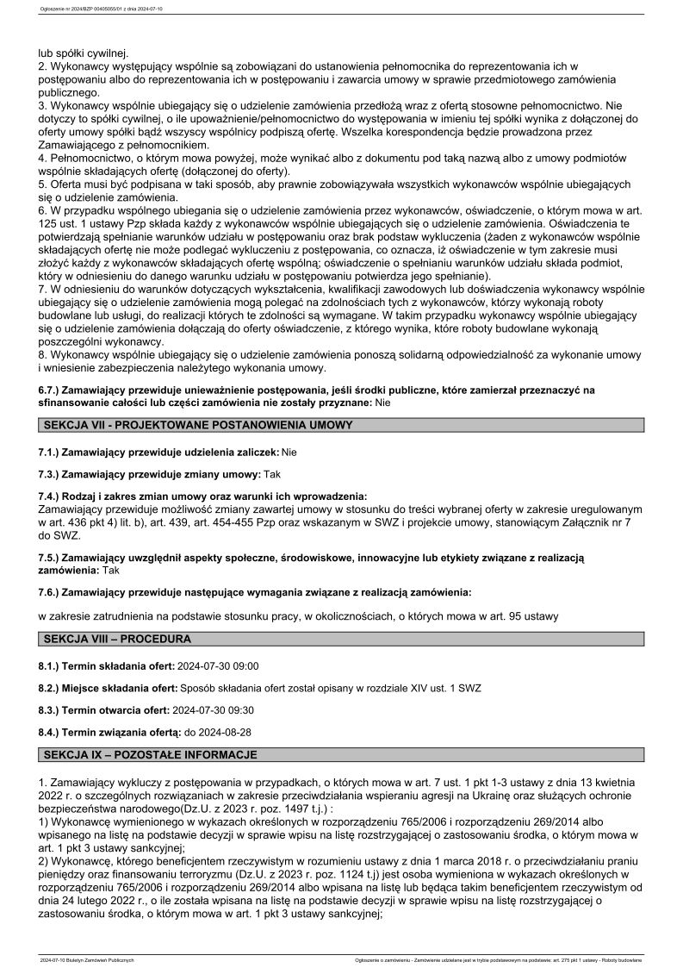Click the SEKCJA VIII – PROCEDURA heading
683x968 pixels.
[117, 639]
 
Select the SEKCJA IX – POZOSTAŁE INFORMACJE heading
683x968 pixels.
[150, 754]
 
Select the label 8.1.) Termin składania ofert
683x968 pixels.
[107, 666]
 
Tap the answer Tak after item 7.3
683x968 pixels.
[272, 474]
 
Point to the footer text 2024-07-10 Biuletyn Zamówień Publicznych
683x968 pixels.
[87, 959]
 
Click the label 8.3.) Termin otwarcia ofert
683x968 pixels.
[103, 709]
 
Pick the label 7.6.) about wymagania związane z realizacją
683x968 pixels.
[254, 593]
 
